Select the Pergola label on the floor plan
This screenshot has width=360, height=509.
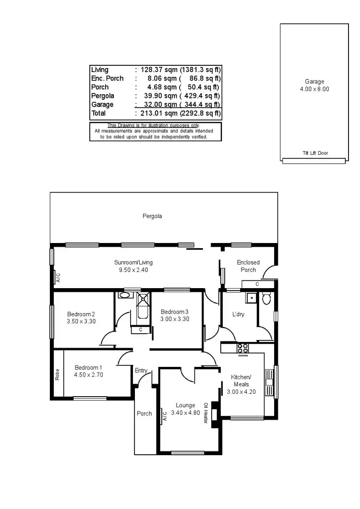pyautogui.click(x=152, y=216)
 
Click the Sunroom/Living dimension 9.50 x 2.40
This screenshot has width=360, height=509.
pyautogui.click(x=133, y=270)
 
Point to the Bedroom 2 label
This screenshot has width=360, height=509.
pyautogui.click(x=81, y=314)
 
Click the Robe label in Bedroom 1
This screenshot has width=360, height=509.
pyautogui.click(x=58, y=374)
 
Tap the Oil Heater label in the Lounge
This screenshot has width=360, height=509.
pyautogui.click(x=206, y=413)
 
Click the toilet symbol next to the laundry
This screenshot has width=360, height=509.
pyautogui.click(x=267, y=300)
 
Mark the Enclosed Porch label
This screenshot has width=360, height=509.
pyautogui.click(x=248, y=266)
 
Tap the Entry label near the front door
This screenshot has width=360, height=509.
pyautogui.click(x=141, y=370)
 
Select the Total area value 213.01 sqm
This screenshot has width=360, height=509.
pyautogui.click(x=151, y=113)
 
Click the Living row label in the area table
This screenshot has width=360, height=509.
pyautogui.click(x=100, y=70)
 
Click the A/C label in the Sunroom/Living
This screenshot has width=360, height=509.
pyautogui.click(x=58, y=278)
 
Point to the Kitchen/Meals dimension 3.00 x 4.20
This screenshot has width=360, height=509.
pyautogui.click(x=241, y=392)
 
